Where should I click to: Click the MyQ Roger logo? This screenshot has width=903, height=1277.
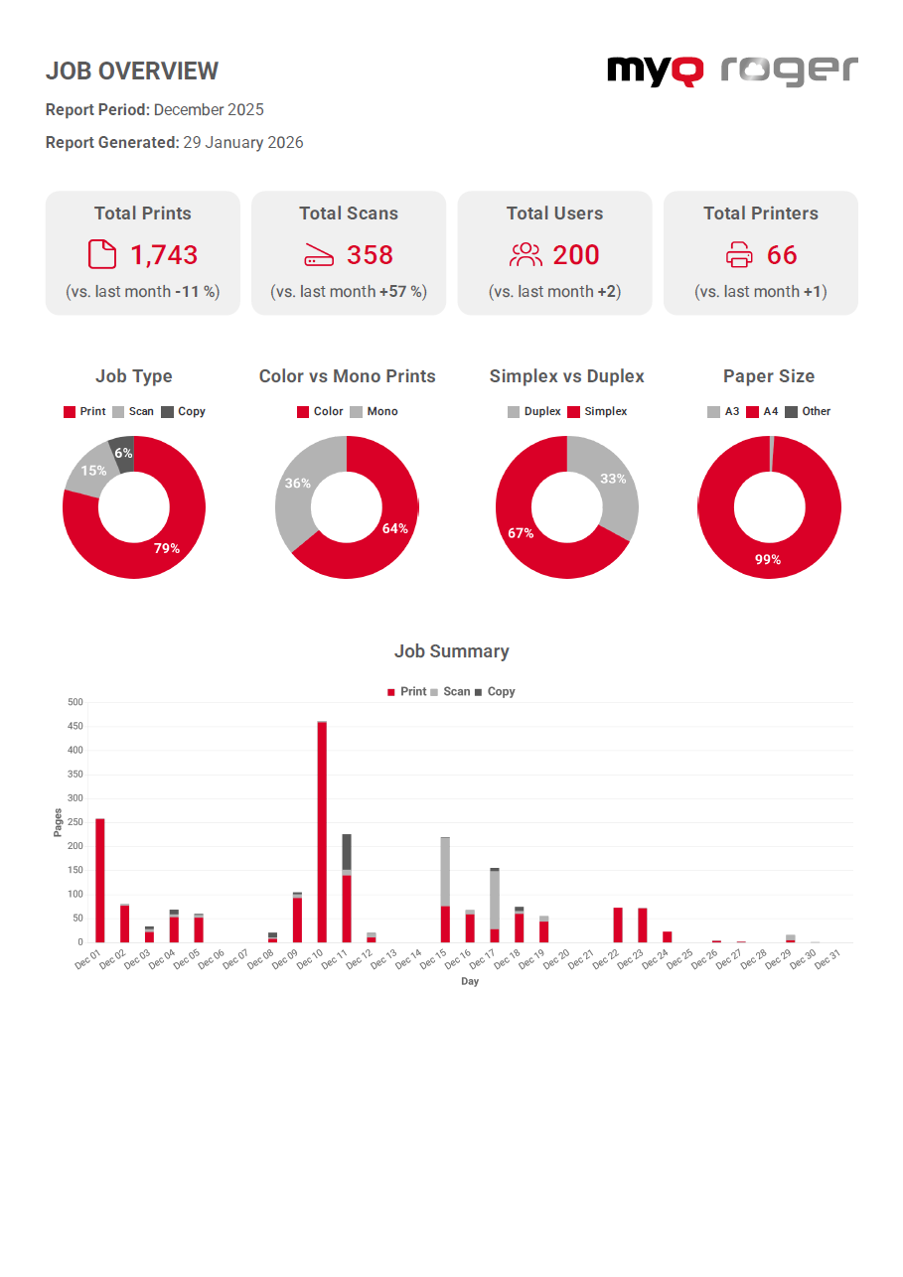coord(732,71)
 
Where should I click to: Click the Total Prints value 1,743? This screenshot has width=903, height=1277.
coord(164,255)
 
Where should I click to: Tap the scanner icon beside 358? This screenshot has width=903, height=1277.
coord(319,256)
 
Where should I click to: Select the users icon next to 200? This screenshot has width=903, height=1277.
coord(526,255)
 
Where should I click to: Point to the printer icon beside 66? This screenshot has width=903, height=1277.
coord(739,256)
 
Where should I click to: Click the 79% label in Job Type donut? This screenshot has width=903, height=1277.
coord(166,547)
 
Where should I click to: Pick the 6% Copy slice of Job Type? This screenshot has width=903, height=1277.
coord(122,452)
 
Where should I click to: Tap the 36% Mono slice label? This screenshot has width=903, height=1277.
coord(298,484)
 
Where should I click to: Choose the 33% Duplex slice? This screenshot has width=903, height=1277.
coord(613,479)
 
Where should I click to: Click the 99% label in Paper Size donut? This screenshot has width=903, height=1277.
coord(767,560)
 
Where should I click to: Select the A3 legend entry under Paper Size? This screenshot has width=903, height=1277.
coord(723,411)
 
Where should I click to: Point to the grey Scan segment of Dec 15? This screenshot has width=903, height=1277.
coord(445,872)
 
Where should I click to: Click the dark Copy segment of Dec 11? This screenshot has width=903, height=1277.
coord(347,852)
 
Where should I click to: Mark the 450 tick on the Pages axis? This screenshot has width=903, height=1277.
coord(75,727)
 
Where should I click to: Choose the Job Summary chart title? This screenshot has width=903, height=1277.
coord(451,651)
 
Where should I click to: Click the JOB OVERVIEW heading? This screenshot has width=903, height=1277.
coord(132,71)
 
